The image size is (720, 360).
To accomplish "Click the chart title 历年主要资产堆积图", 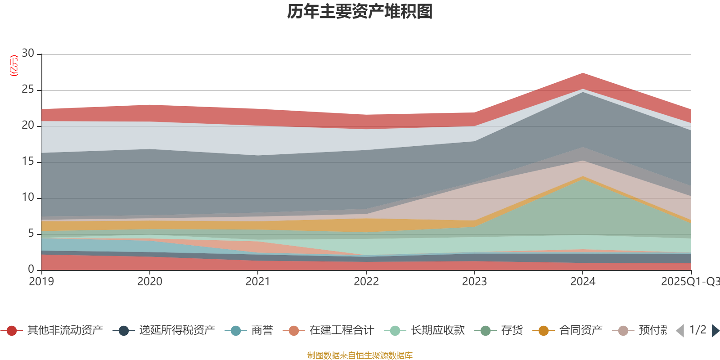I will pyautogui.click(x=360, y=12).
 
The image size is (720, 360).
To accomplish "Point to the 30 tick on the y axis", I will pyautogui.click(x=28, y=54).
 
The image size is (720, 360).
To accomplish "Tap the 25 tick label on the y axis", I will pyautogui.click(x=28, y=90).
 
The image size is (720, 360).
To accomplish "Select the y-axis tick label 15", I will pyautogui.click(x=28, y=162).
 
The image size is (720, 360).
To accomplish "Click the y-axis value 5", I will pyautogui.click(x=31, y=234).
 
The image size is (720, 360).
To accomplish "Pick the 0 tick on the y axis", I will pyautogui.click(x=31, y=269).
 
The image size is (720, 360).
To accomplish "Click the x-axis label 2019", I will pyautogui.click(x=41, y=282).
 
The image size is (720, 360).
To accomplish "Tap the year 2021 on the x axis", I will pyautogui.click(x=258, y=282).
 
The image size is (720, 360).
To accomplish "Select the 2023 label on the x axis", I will pyautogui.click(x=474, y=282).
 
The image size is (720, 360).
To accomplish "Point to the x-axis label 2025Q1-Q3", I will pyautogui.click(x=690, y=282).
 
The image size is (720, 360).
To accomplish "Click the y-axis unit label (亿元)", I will pyautogui.click(x=14, y=66).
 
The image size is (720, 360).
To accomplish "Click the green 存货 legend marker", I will pyautogui.click(x=486, y=331).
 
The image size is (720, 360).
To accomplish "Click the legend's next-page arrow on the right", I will pyautogui.click(x=715, y=331).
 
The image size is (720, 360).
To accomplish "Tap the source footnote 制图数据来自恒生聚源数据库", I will pyautogui.click(x=360, y=355).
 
